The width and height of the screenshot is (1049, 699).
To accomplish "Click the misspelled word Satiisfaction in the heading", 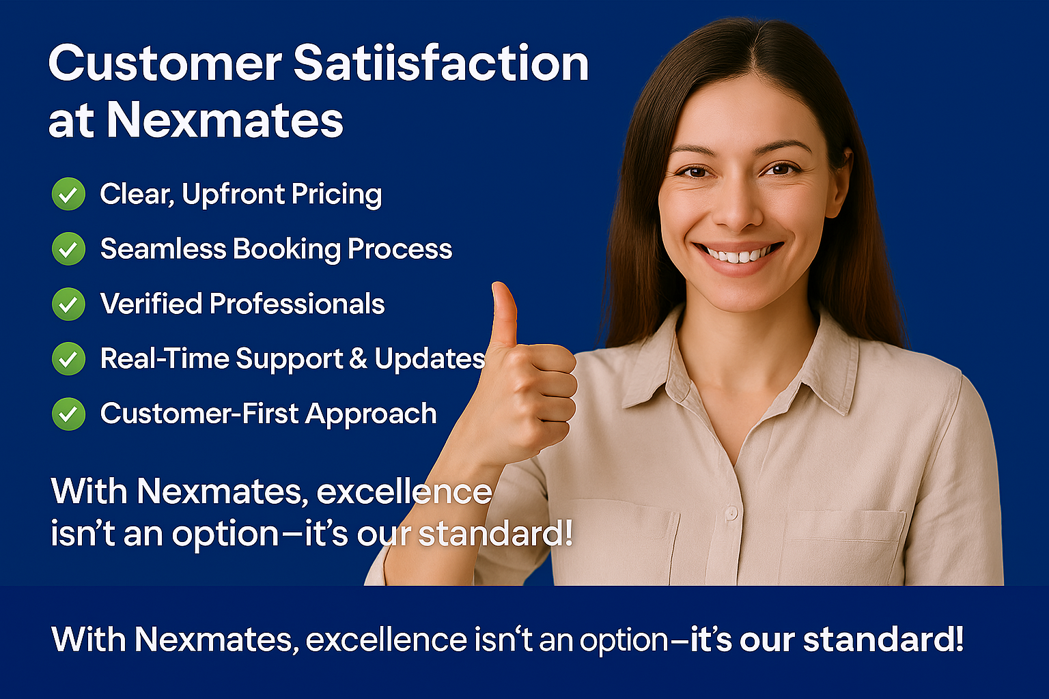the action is (440, 63).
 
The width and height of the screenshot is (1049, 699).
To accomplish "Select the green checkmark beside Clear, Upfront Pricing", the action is (68, 194).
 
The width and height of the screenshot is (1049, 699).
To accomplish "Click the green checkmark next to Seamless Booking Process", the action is (68, 248).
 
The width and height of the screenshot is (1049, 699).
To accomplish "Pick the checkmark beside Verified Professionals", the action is (68, 304).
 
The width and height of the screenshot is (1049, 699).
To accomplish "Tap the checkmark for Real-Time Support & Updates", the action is (68, 358).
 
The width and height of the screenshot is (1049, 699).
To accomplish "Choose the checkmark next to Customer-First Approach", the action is (68, 414).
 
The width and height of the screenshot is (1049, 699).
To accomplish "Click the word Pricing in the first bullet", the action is (337, 195).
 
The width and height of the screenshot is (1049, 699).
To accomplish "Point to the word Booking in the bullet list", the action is (287, 249).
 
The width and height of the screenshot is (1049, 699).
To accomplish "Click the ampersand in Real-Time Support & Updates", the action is (359, 358).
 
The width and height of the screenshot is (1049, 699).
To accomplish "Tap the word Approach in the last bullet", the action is (371, 415).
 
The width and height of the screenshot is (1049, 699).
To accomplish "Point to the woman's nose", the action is (738, 206).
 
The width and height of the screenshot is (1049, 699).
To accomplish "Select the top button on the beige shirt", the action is (731, 514).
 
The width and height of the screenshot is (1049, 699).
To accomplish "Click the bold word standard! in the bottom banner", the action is (883, 640).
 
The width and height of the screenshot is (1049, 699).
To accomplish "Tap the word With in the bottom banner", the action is (89, 640).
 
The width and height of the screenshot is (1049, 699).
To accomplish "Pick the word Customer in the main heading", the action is (165, 63).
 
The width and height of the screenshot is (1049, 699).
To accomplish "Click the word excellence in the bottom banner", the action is (387, 640).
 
